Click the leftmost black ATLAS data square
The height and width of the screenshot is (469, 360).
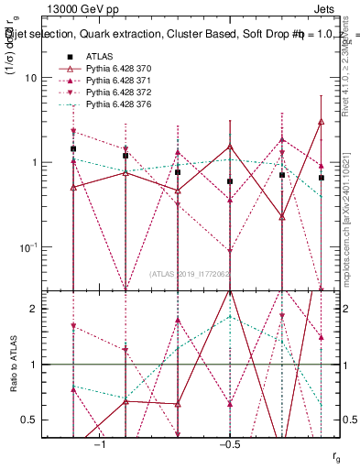pyautogui.click(x=73, y=148)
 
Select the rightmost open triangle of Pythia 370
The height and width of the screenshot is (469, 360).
pyautogui.click(x=321, y=121)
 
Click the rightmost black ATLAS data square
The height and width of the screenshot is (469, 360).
pyautogui.click(x=321, y=178)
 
